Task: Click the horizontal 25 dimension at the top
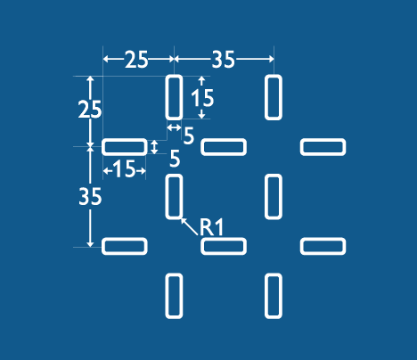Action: (x=136, y=60)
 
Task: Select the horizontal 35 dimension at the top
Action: (x=224, y=60)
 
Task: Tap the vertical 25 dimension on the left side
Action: (x=90, y=110)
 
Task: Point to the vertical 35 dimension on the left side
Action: (x=90, y=196)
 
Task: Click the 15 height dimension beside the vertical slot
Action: (x=202, y=98)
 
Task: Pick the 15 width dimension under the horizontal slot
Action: (x=125, y=169)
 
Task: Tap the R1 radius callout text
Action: (x=211, y=227)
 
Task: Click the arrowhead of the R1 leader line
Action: (x=182, y=219)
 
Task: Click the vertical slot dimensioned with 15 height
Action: (x=174, y=97)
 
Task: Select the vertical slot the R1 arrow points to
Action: (x=174, y=197)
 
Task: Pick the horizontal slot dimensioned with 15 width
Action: (x=125, y=147)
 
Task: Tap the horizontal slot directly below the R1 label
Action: (x=224, y=246)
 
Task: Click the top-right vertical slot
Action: (x=274, y=97)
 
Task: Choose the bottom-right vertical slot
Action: (x=274, y=296)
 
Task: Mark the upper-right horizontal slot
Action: (x=323, y=147)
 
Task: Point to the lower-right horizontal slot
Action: (x=323, y=246)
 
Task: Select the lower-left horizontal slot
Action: (x=125, y=246)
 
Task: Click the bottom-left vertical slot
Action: (x=174, y=296)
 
